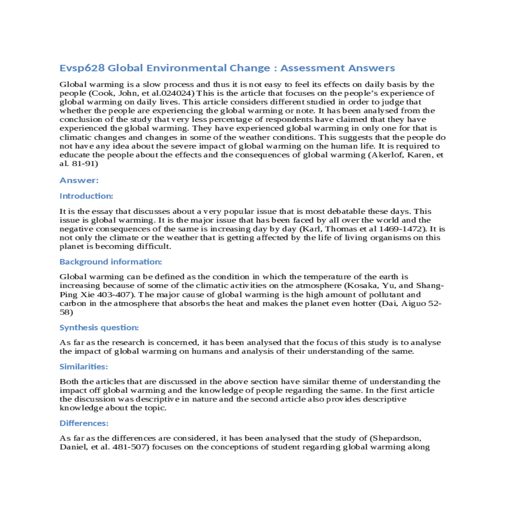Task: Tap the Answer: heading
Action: pyautogui.click(x=79, y=180)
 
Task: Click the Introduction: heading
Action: pyautogui.click(x=86, y=196)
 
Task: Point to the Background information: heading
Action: pyautogui.click(x=110, y=262)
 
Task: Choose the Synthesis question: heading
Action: pyautogui.click(x=99, y=328)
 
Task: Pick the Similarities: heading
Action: pyautogui.click(x=83, y=366)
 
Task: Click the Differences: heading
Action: pyautogui.click(x=84, y=423)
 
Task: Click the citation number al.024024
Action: pyautogui.click(x=175, y=93)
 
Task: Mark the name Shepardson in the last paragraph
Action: pyautogui.click(x=396, y=438)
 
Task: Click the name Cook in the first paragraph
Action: pyautogui.click(x=107, y=93)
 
